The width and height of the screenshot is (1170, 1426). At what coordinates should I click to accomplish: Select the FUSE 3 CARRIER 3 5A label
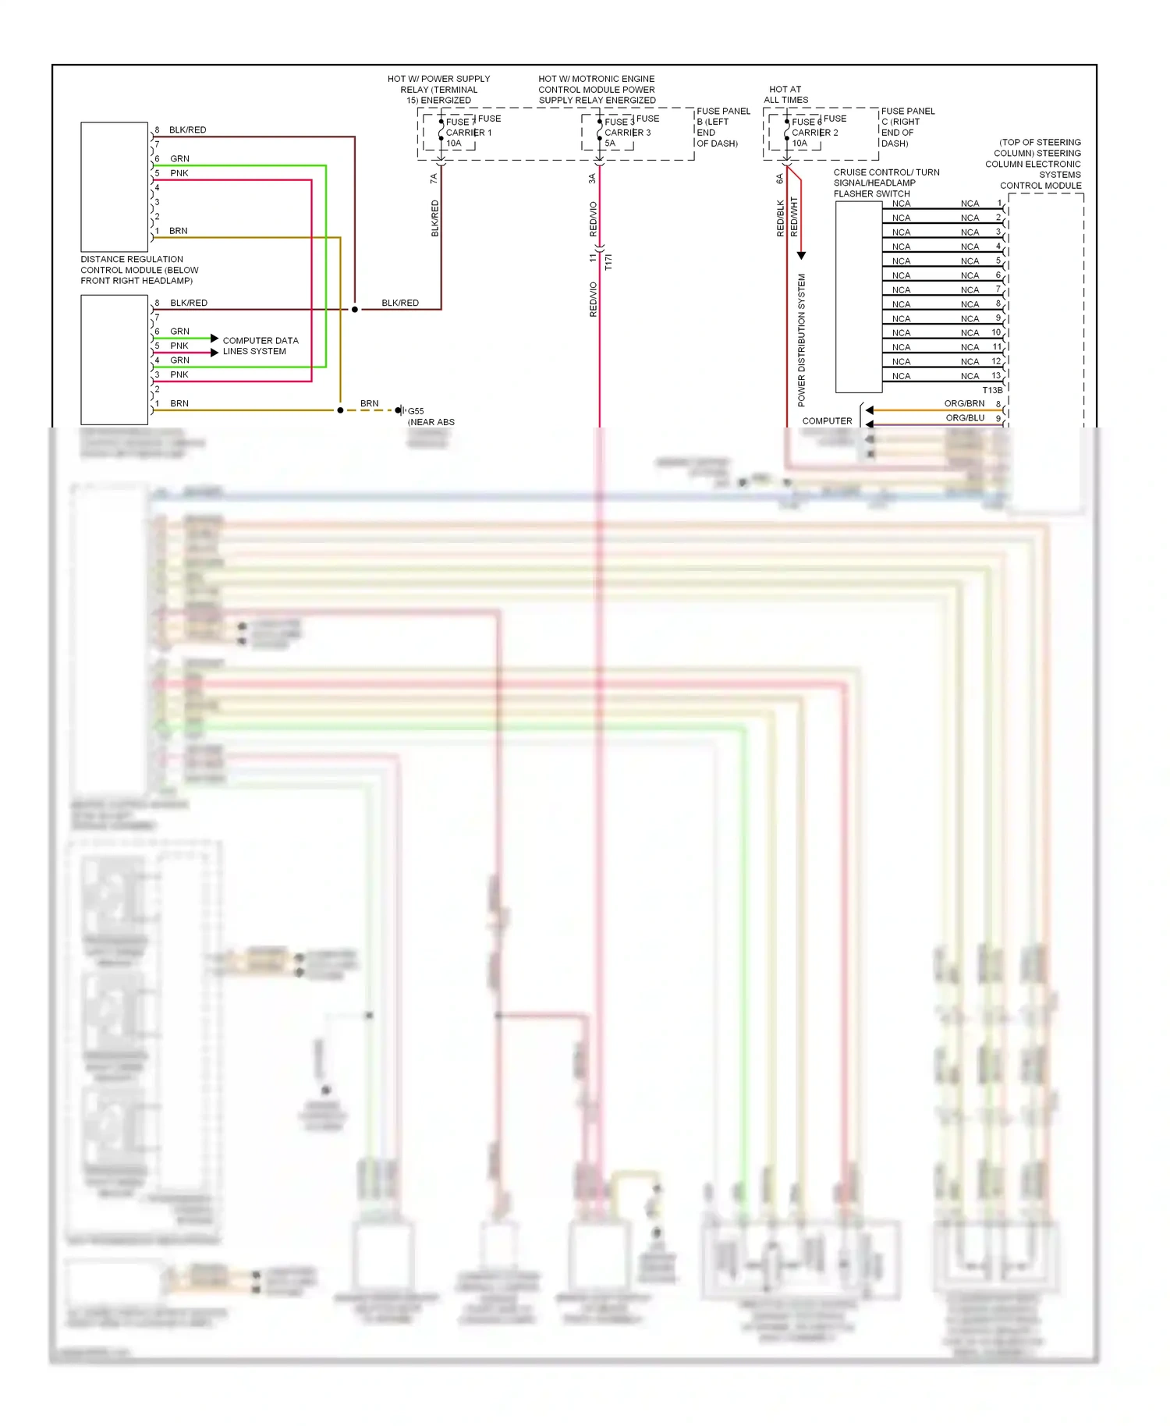tap(626, 133)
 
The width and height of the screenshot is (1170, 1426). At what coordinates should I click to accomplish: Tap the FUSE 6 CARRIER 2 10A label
tap(813, 133)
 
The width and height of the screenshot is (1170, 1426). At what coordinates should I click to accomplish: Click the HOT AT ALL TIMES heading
tap(785, 94)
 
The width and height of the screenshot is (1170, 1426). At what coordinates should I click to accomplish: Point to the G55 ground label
tap(416, 411)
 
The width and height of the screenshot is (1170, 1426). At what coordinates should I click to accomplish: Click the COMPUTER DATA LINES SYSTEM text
tap(260, 346)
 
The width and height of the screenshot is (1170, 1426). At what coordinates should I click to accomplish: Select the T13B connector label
tap(992, 390)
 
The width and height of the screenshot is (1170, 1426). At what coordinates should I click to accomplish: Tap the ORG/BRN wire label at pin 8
tap(964, 403)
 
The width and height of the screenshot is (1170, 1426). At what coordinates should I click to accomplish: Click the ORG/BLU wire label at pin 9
tap(965, 418)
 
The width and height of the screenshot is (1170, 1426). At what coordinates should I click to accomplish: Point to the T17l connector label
tap(608, 262)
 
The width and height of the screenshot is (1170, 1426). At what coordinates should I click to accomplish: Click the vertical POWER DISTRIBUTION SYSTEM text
tap(801, 339)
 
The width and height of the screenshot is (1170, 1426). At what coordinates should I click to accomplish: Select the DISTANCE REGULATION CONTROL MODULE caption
tap(139, 270)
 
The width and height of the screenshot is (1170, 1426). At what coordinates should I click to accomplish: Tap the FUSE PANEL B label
tap(722, 127)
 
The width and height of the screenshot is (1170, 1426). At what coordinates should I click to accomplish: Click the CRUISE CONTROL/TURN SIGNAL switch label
tap(885, 183)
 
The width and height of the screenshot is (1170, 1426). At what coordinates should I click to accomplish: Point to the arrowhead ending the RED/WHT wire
tap(801, 256)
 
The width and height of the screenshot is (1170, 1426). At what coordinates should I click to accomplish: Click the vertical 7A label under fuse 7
tap(434, 179)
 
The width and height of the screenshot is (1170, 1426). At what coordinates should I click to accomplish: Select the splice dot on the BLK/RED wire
tap(355, 310)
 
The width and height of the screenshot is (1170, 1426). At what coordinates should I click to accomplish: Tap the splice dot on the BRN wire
tap(340, 410)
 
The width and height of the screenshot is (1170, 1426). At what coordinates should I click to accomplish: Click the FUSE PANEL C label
tap(907, 127)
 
